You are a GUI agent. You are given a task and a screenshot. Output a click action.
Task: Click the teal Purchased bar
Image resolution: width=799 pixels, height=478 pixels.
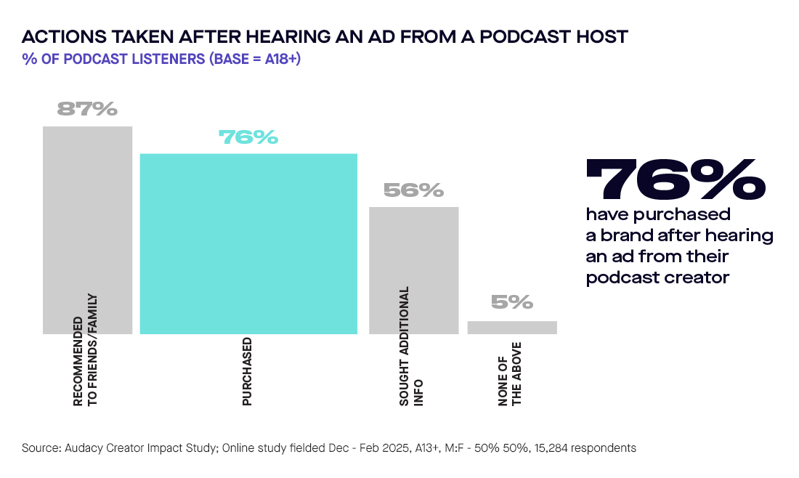[x=248, y=243]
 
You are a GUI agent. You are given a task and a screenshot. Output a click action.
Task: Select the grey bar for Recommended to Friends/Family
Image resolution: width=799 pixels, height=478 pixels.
[x=87, y=218]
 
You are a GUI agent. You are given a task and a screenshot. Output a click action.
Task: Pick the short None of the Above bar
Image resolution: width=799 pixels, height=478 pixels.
[x=512, y=328]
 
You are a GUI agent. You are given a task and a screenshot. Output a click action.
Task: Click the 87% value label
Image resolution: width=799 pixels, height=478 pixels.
[x=87, y=109]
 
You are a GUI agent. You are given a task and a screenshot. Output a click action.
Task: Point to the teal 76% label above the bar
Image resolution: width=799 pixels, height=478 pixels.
[x=248, y=137]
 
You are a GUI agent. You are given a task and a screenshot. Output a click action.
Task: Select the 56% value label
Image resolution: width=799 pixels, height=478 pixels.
[x=413, y=190]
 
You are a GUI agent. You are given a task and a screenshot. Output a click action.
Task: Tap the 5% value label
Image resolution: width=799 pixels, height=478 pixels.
[x=512, y=302]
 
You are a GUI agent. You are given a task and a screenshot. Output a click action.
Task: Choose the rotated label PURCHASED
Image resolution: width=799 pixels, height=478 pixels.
[x=248, y=371]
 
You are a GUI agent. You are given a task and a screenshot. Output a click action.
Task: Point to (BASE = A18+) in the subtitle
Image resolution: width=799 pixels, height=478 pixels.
[x=254, y=59]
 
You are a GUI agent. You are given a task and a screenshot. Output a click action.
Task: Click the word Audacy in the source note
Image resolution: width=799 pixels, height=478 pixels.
[x=84, y=448]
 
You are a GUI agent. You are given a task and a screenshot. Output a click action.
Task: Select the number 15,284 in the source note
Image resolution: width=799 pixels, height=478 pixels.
[x=555, y=448]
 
